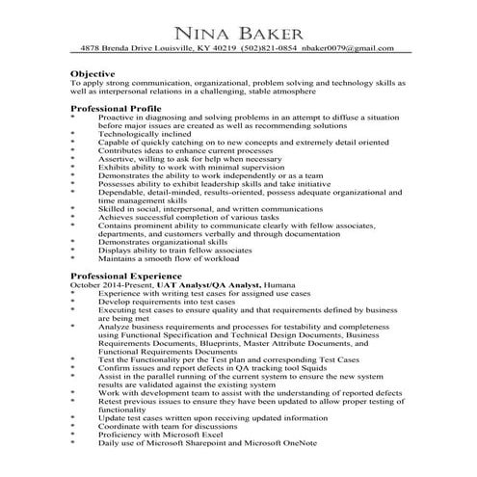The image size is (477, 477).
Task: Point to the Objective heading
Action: tap(93, 73)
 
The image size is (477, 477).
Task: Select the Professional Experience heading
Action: tap(126, 276)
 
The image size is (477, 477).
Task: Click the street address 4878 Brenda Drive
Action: tap(115, 47)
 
